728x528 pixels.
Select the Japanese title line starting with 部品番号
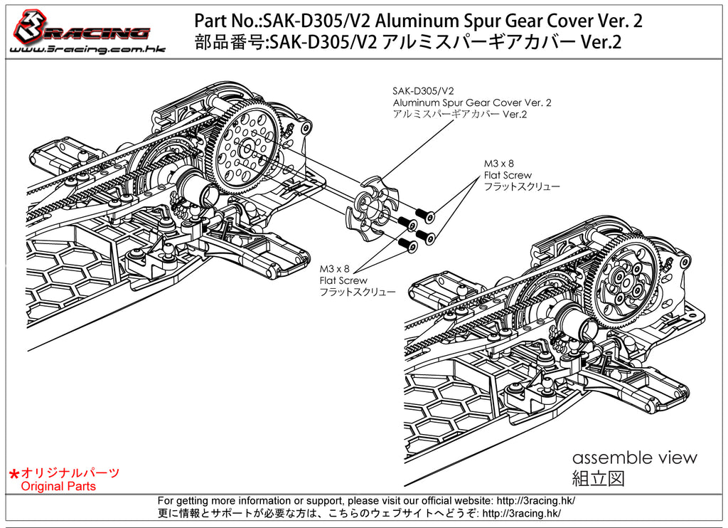(x=408, y=43)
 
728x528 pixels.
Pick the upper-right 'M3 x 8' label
(x=498, y=164)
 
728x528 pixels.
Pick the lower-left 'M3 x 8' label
(x=334, y=269)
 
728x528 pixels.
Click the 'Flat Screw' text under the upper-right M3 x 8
(x=508, y=175)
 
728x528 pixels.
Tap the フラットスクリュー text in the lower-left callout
(x=357, y=292)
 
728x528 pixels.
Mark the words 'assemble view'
(x=634, y=458)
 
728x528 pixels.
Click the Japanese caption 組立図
(x=598, y=478)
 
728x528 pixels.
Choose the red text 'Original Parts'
(x=58, y=487)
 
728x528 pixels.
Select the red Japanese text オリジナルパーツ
(x=70, y=472)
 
